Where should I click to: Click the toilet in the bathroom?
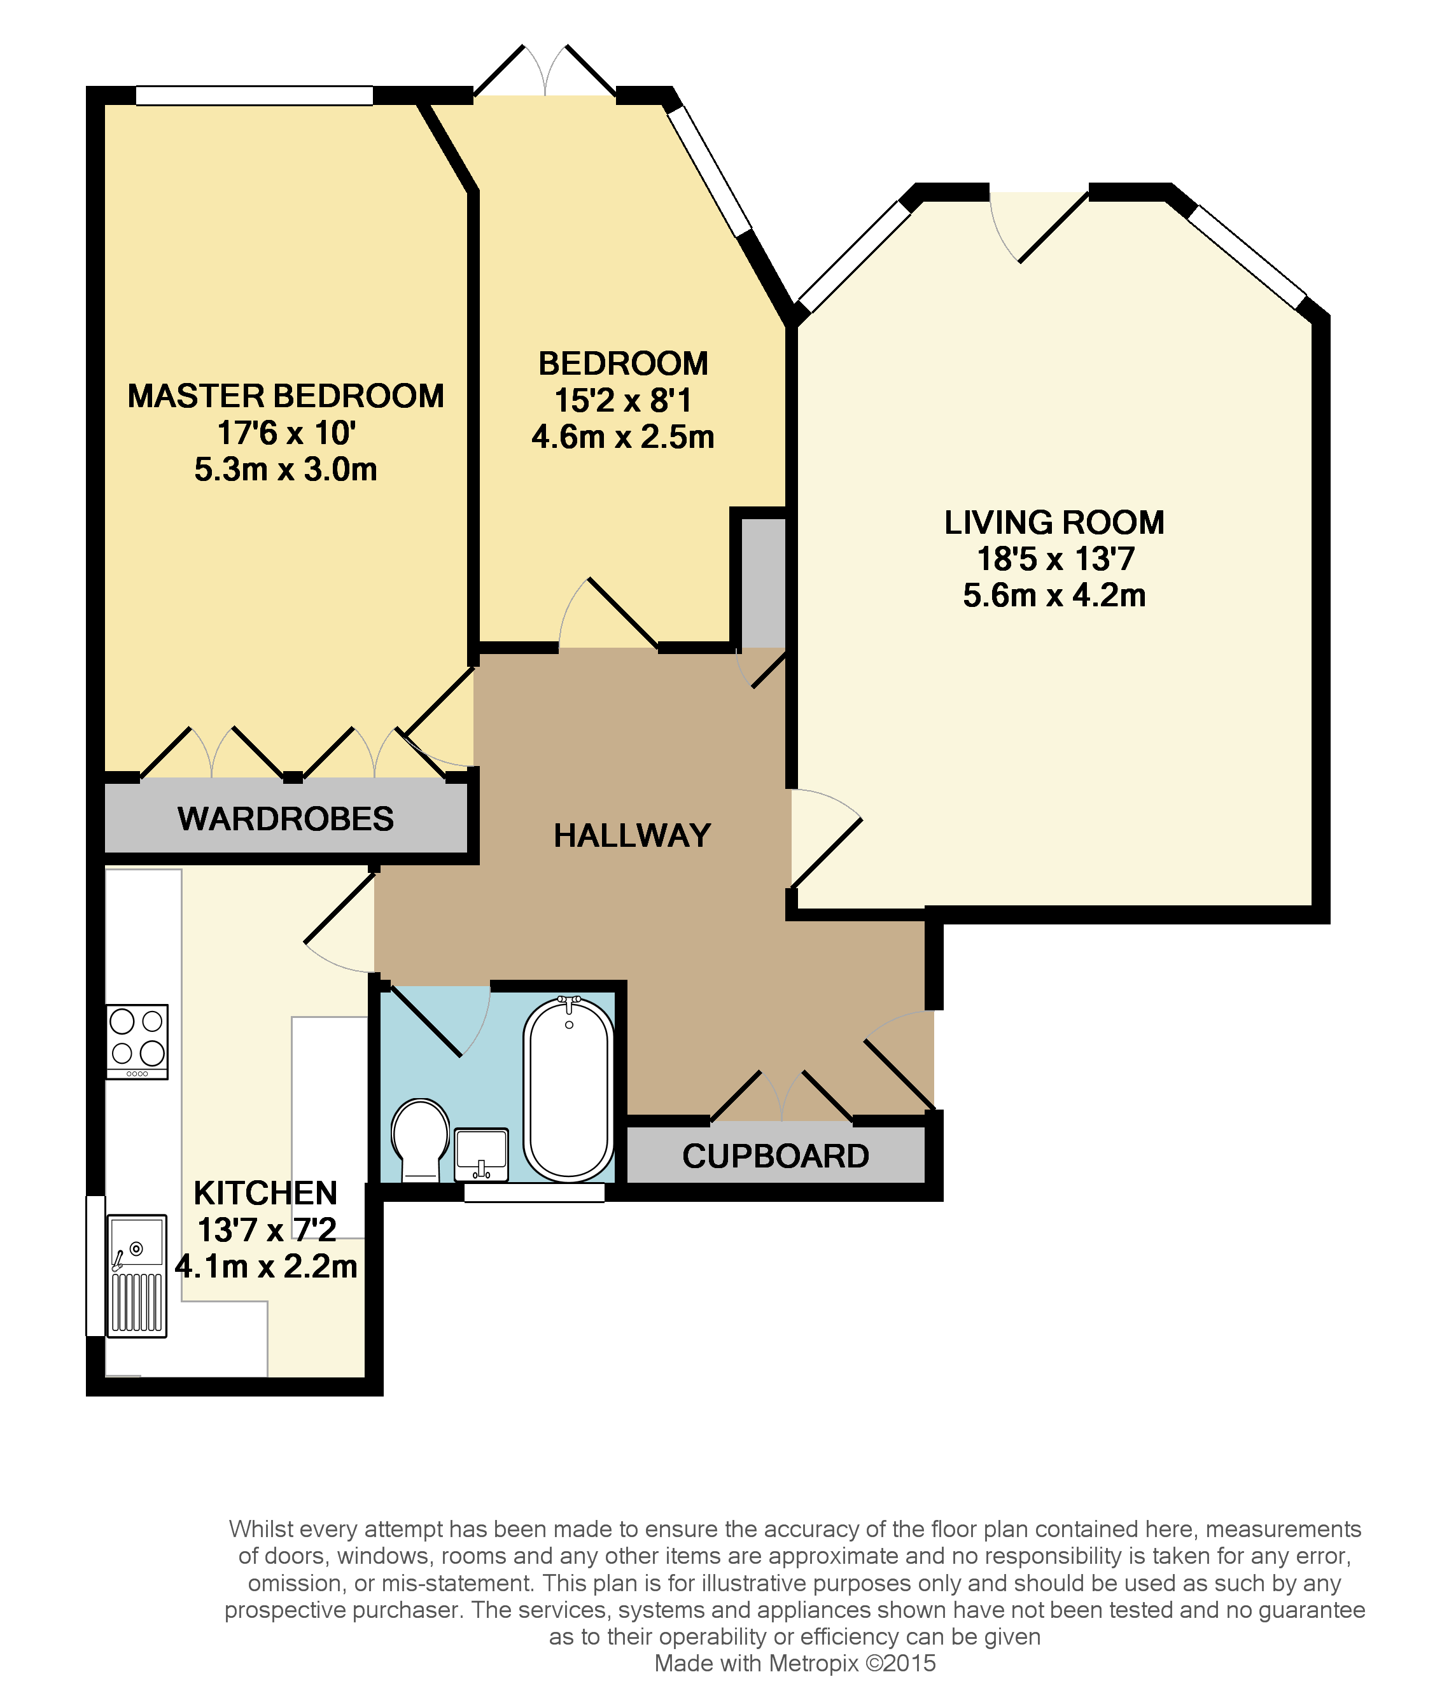point(420,1138)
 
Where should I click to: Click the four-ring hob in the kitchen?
point(137,1042)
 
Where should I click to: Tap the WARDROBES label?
point(286,819)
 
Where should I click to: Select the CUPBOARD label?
point(776,1156)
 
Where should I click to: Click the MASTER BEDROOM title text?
point(286,396)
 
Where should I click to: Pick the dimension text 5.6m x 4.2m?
point(1054,596)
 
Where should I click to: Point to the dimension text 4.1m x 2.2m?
point(266,1266)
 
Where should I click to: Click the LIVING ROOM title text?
point(1054,522)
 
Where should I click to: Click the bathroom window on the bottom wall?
point(534,1193)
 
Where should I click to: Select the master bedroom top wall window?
point(254,96)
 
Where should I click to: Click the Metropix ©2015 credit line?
point(794,1663)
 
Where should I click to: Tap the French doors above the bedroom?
point(545,73)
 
